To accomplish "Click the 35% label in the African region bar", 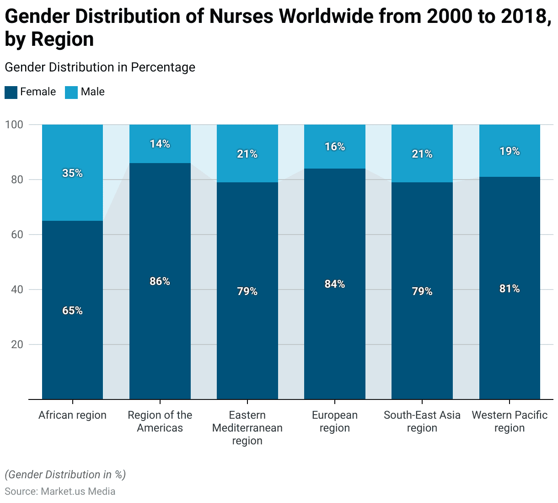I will click(x=72, y=173).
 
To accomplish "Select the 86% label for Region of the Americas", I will click(x=160, y=281).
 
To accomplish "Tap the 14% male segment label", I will click(x=160, y=144).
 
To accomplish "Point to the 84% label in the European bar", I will click(x=334, y=284).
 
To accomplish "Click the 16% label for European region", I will click(x=334, y=147).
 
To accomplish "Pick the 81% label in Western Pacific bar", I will click(x=510, y=289).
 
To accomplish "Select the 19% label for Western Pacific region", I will click(x=510, y=151).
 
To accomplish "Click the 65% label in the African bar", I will click(x=72, y=311).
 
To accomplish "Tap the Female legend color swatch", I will click(x=11, y=92).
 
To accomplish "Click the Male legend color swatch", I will click(x=71, y=92).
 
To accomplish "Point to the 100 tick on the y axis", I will click(x=14, y=125).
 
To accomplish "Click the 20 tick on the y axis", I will click(x=17, y=344).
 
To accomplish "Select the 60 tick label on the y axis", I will click(x=17, y=235).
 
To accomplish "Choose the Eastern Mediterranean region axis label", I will click(x=247, y=428).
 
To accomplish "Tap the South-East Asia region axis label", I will click(x=422, y=421).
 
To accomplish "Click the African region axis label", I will click(x=72, y=415).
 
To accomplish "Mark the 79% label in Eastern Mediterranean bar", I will click(x=247, y=291).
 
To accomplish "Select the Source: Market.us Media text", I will click(x=60, y=492).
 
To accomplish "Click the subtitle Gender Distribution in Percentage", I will click(x=100, y=67).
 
